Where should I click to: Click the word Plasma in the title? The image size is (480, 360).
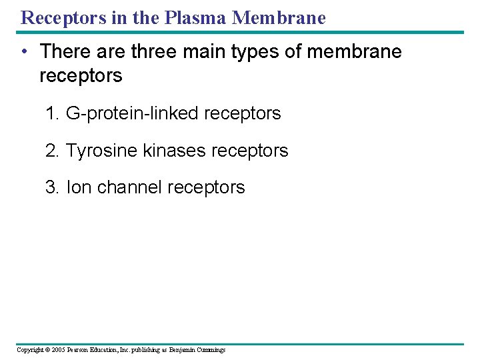tap(197, 17)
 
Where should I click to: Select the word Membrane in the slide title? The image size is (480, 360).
tap(279, 17)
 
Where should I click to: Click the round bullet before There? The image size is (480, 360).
tap(23, 51)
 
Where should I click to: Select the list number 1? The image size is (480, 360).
tap(51, 113)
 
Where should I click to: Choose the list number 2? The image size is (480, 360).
tap(51, 151)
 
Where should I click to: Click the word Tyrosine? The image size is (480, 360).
tap(101, 151)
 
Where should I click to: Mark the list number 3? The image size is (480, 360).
tap(51, 187)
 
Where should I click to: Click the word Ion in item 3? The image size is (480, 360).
tap(79, 187)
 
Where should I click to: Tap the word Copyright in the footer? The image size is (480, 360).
tap(29, 350)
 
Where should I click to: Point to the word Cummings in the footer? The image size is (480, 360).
tap(211, 350)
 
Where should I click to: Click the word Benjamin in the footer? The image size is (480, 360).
tap(182, 350)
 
